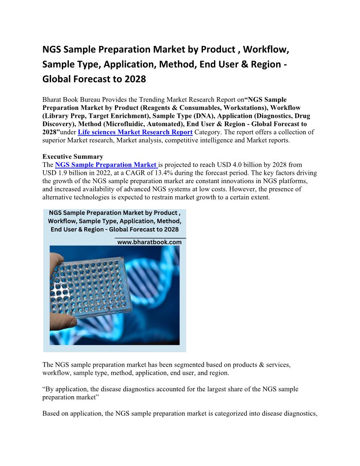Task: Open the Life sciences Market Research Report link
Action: coord(135,132)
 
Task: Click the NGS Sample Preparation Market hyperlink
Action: coord(106,165)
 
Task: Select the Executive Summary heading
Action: coord(73,157)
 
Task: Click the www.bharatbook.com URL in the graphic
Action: coord(150,242)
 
